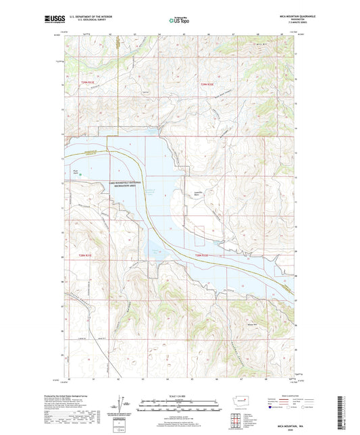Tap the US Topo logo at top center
179,21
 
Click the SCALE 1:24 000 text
180,395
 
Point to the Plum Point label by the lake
76,171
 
